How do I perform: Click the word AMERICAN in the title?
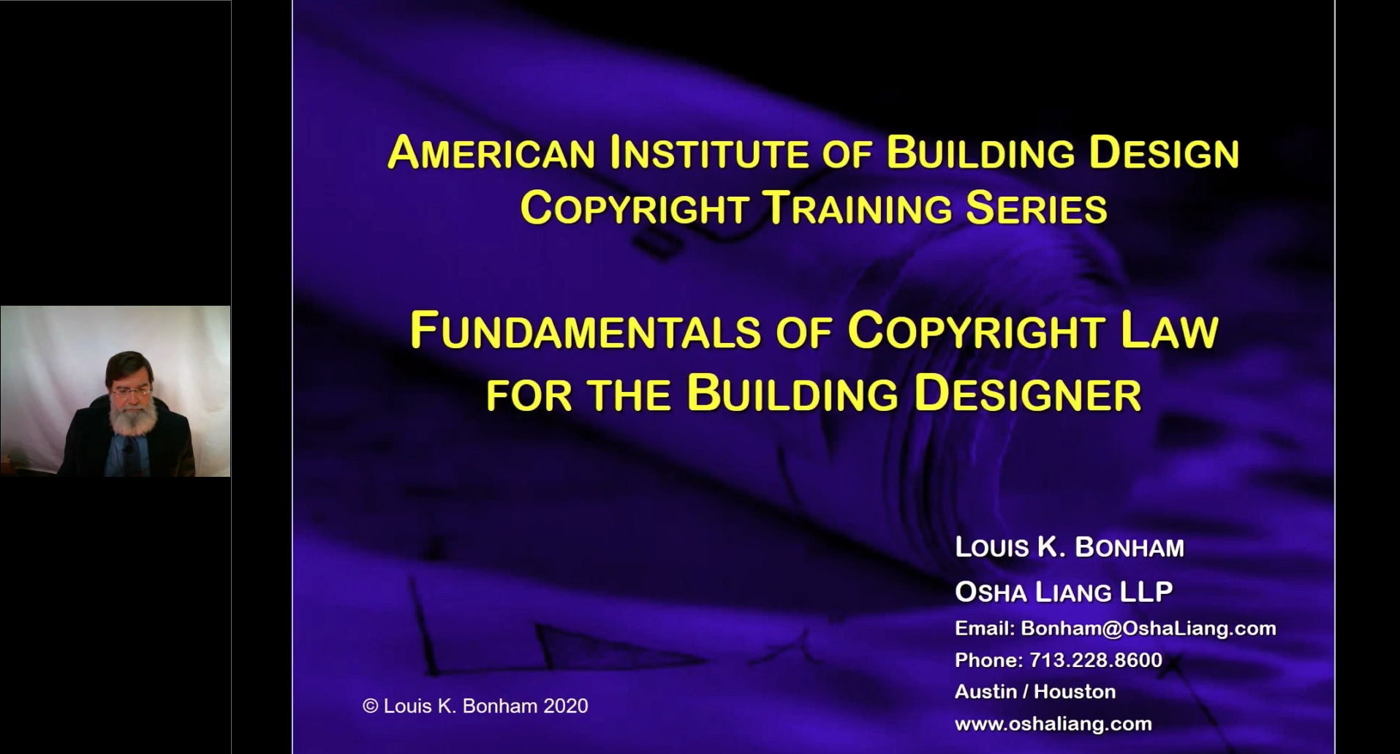coord(491,152)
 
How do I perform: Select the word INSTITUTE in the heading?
coord(709,152)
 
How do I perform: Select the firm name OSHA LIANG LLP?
coord(1064,591)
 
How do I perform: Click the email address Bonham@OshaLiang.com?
coord(1149,628)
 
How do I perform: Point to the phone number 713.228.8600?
coord(1096,660)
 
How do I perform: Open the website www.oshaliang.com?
coord(1053,724)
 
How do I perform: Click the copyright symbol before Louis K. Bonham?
coord(371,706)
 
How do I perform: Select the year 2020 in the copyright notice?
coord(566,706)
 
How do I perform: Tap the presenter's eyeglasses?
coord(132,393)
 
